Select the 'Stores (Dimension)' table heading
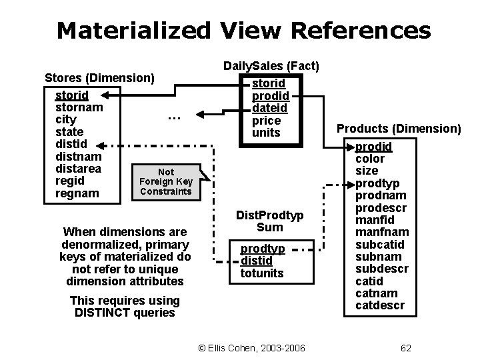[x=99, y=78]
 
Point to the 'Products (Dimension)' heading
[x=398, y=128]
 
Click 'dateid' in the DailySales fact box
[x=269, y=108]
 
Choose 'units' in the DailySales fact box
[x=266, y=133]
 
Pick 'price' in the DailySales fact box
[x=266, y=121]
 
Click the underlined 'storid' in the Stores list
[x=72, y=95]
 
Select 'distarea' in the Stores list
[x=79, y=168]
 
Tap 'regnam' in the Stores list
[x=77, y=193]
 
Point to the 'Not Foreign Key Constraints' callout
[x=165, y=182]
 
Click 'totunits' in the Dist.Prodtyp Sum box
[x=262, y=273]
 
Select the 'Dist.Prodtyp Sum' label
[x=270, y=221]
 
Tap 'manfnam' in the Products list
[x=383, y=232]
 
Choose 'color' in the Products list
[x=370, y=159]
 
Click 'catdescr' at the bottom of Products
[x=380, y=305]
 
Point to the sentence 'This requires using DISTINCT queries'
[x=125, y=307]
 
